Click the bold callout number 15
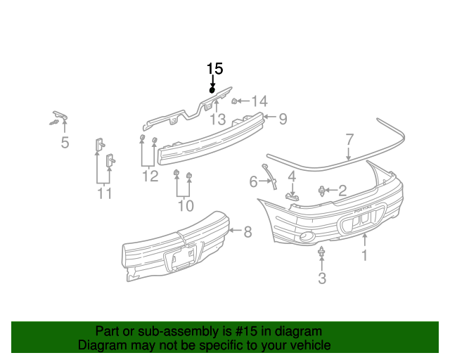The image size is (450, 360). pos(214,69)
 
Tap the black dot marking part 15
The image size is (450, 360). pos(212,90)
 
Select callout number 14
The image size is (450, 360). pos(259,101)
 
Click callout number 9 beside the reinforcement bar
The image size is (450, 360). pos(283,119)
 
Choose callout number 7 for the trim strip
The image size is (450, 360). pos(349,139)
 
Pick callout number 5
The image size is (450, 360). pos(65,144)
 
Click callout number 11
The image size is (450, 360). pos(105,193)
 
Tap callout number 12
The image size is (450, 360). pos(150,176)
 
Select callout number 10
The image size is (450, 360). pos(185,205)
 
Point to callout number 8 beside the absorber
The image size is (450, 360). pos(247,231)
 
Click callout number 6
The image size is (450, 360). pos(254,183)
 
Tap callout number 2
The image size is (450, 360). pos(342,190)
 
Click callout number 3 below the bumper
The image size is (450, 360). pos(322,278)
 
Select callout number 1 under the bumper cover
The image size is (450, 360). pos(364,255)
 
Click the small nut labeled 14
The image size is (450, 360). pos(235,101)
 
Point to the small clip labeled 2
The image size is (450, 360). pos(323,190)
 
